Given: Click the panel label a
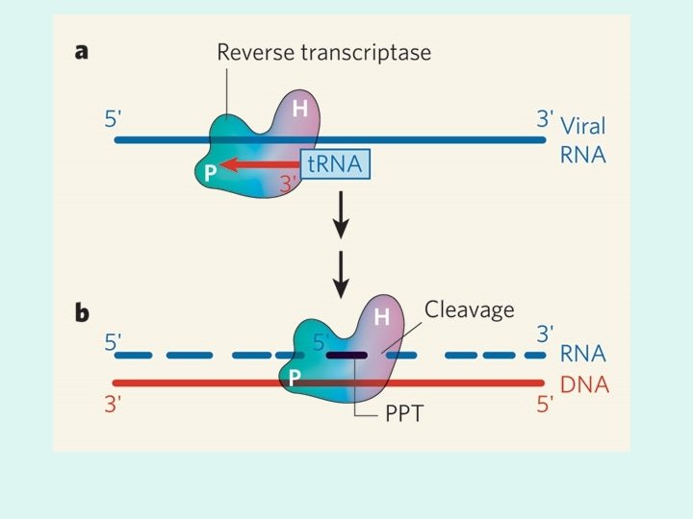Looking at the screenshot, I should point(82,52).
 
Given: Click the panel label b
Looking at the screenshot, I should point(82,312).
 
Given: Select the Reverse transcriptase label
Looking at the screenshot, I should point(323,52).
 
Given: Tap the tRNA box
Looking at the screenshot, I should point(335,164).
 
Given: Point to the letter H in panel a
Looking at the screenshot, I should point(299,109).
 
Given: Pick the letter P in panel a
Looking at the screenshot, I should point(209,173).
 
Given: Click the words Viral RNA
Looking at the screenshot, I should point(583,138).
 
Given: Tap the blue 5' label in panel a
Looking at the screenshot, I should point(115,120).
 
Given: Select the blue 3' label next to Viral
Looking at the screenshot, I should point(546,120).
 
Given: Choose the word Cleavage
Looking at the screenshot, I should point(470,309).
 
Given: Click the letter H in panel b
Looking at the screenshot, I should point(381,316).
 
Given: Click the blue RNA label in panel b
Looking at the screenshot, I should point(584,356).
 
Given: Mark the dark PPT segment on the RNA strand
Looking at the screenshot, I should point(346,355).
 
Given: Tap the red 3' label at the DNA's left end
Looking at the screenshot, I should point(115,405).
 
